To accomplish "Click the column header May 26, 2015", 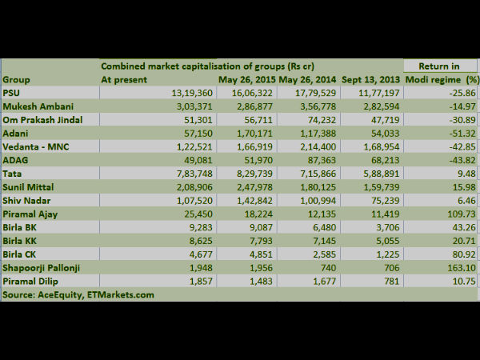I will point(246,80).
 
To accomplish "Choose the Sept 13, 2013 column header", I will point(370,80).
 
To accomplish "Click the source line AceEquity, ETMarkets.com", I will point(78,295).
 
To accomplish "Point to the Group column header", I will point(17,80).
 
